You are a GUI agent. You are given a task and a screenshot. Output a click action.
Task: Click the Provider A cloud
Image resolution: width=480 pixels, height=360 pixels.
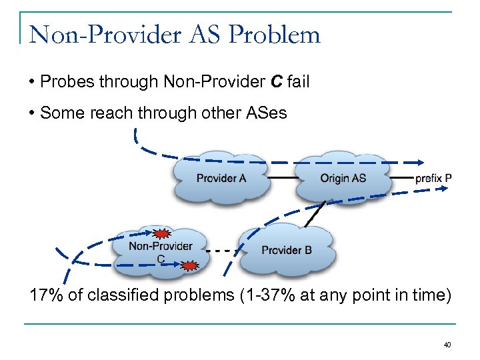(x=220, y=178)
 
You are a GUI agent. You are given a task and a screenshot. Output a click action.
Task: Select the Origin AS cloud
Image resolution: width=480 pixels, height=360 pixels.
(x=342, y=178)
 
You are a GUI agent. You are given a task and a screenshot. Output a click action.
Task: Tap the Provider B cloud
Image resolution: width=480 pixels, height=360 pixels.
(x=287, y=250)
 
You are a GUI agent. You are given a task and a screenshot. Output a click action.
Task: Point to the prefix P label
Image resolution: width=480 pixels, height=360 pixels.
(x=433, y=178)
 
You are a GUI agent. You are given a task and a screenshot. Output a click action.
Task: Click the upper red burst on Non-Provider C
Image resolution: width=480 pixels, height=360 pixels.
(x=161, y=233)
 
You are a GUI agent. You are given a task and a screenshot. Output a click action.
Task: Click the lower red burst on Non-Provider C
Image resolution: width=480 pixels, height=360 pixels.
(x=189, y=266)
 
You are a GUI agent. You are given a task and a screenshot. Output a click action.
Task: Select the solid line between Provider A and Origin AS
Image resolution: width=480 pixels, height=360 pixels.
(x=281, y=178)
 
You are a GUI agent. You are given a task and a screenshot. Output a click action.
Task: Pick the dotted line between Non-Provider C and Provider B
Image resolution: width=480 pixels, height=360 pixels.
(x=223, y=251)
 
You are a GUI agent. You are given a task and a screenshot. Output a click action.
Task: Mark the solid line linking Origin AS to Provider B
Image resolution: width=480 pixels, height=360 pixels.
(x=315, y=213)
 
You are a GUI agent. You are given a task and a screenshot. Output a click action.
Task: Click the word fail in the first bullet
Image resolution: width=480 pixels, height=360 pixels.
(x=298, y=82)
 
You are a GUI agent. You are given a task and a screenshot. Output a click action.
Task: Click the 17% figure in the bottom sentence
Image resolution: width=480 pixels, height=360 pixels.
(x=45, y=295)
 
